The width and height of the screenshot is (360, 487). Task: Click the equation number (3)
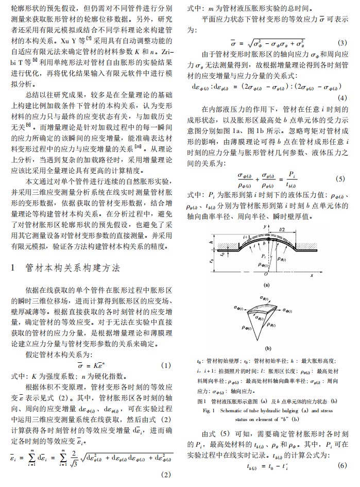pos(341,43)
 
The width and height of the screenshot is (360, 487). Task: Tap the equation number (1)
pos(166,365)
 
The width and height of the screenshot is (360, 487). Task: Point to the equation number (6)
pos(342,466)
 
